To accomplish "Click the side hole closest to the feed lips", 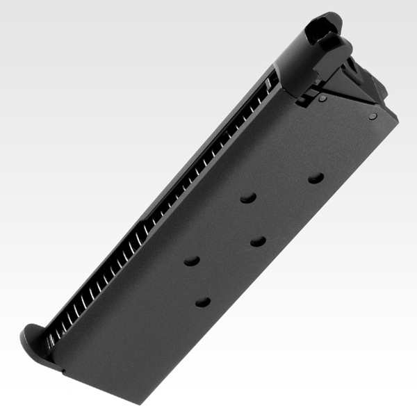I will (316, 178).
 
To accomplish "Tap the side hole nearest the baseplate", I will (203, 302).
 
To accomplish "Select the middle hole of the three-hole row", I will (258, 241).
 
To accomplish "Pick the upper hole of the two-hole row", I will (248, 198).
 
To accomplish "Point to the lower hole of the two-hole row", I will (191, 261).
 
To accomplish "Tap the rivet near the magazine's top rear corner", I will (373, 116).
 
